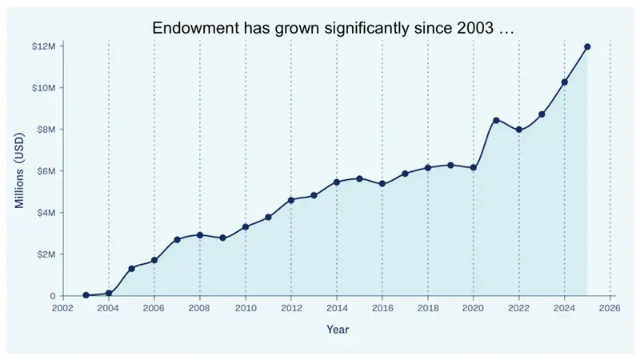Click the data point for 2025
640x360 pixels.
pos(587,47)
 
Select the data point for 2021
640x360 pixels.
pos(496,120)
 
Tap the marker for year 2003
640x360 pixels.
pos(86,295)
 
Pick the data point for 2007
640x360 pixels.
pos(177,239)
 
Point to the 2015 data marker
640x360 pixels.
pos(359,178)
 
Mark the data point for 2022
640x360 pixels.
pos(519,130)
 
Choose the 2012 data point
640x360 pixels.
pos(291,200)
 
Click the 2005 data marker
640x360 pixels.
pos(131,268)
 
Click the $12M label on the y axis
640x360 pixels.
pos(43,46)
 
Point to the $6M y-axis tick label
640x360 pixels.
pos(46,171)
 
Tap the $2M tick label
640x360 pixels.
pos(46,254)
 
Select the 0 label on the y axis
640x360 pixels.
pos(52,296)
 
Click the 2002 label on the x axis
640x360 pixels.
pos(63,307)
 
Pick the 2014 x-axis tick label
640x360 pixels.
pos(337,307)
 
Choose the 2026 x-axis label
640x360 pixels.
pos(610,307)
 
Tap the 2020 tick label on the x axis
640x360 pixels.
pos(474,307)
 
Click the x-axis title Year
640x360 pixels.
pos(337,329)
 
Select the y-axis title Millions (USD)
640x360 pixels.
pos(20,171)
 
